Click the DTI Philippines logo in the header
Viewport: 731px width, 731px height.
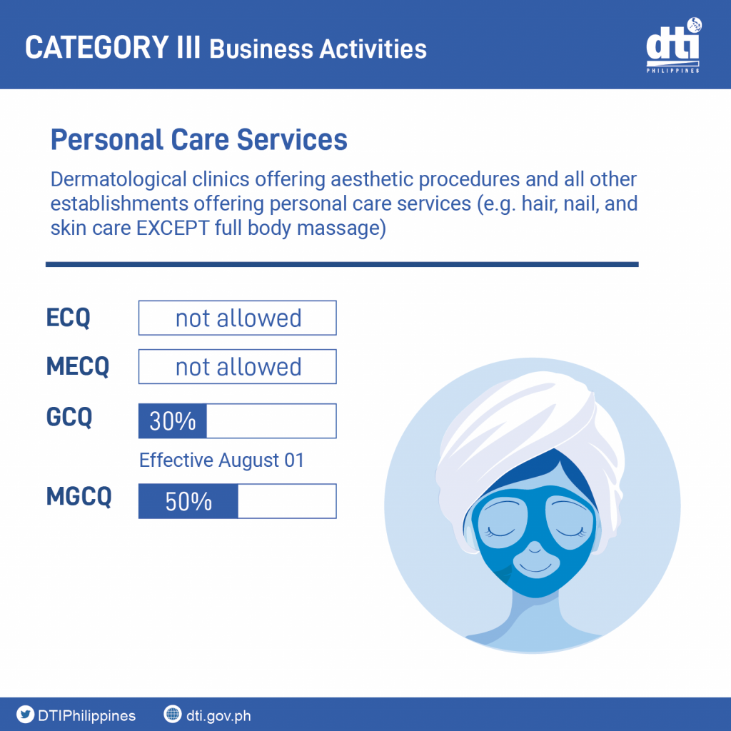(x=673, y=45)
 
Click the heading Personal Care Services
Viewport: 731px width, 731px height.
(x=199, y=139)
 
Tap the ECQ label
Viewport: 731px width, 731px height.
(x=68, y=318)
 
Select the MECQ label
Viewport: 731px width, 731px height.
(x=78, y=366)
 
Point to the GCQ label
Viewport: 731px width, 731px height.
(x=69, y=417)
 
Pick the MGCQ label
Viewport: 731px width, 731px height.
(x=79, y=497)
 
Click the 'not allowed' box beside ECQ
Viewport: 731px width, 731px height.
(x=237, y=318)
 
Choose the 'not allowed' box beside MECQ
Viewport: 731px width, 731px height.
(x=237, y=366)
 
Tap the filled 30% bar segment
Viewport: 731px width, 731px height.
(x=173, y=421)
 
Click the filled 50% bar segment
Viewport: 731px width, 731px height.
(x=188, y=501)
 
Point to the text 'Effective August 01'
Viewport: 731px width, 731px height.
(x=221, y=460)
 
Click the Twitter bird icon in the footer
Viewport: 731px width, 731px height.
(x=25, y=714)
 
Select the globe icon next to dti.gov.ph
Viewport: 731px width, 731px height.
(x=173, y=714)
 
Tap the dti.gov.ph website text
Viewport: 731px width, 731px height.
(x=218, y=715)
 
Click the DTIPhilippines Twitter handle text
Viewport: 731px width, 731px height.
(x=86, y=715)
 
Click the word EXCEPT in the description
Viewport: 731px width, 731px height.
(x=173, y=228)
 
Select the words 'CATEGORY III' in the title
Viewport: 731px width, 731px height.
(x=112, y=47)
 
